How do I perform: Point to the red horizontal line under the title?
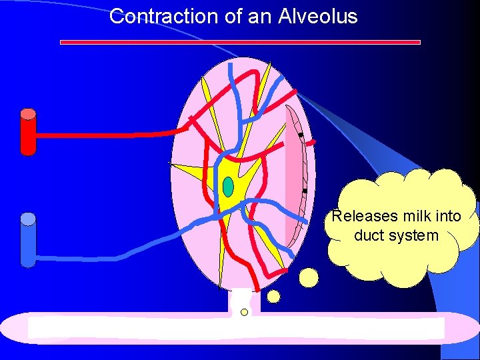[240, 42]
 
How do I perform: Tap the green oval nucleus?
[228, 187]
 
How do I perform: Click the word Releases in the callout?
[361, 216]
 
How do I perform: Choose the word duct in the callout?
[369, 235]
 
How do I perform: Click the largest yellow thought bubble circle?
[309, 276]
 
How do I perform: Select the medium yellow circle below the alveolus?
[273, 295]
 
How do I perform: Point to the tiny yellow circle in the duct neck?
[244, 312]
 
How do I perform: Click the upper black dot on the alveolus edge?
[301, 136]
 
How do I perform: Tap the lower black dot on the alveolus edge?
[304, 191]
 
